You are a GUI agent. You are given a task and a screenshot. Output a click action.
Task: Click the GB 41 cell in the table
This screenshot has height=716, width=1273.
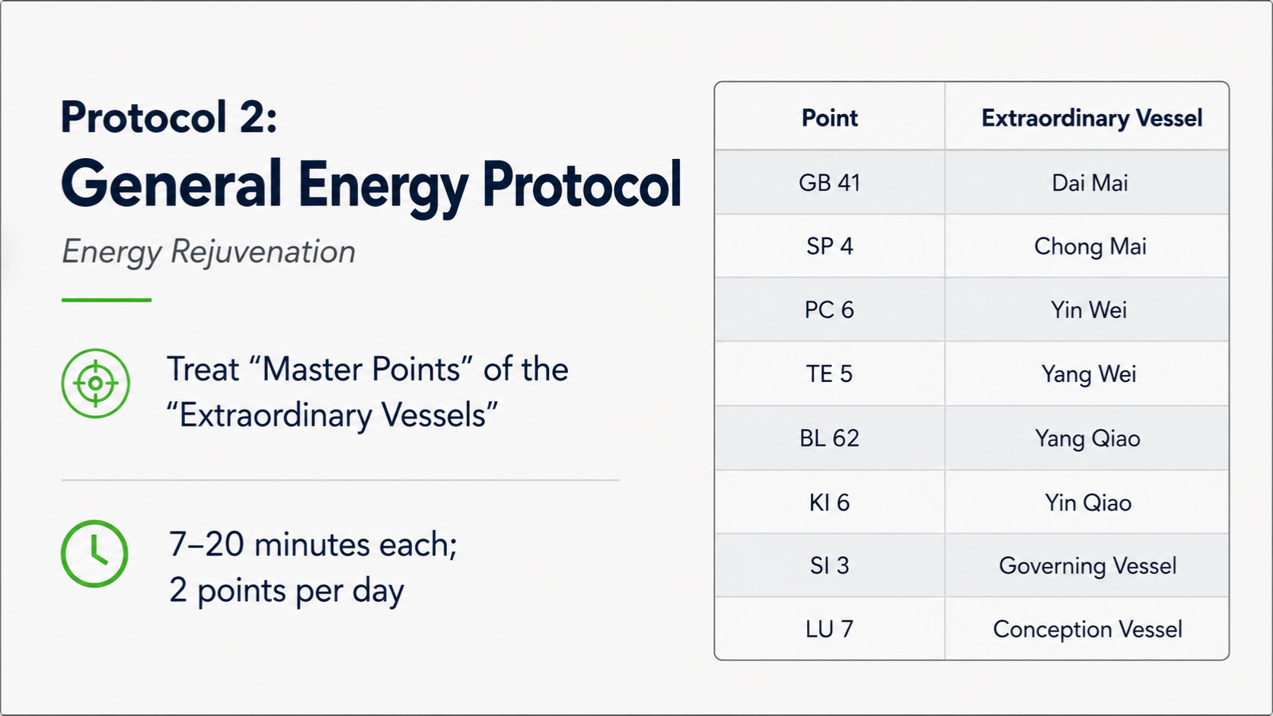click(x=829, y=183)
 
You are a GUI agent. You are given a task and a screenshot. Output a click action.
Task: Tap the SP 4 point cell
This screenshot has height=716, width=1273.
click(x=829, y=247)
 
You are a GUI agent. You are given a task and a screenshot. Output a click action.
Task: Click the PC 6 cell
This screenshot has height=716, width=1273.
click(x=829, y=310)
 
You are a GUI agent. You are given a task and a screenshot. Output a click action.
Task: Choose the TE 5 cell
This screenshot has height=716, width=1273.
click(x=829, y=374)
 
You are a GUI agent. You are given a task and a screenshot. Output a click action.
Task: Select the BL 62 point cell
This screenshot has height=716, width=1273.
click(x=829, y=438)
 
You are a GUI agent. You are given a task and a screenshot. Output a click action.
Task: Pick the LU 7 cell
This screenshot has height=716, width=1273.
click(x=829, y=628)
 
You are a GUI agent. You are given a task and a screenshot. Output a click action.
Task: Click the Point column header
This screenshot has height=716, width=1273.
click(x=829, y=117)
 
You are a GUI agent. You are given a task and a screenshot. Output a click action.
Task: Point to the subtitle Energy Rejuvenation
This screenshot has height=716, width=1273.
click(x=209, y=252)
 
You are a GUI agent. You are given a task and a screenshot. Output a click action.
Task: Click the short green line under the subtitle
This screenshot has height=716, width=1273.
click(x=107, y=300)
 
